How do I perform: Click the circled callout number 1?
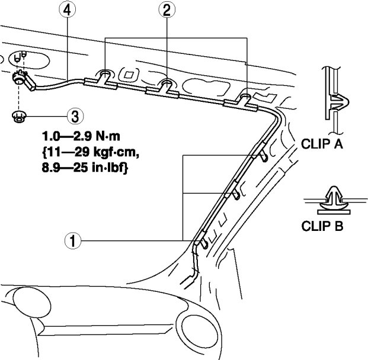pos(73,240)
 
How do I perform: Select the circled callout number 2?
pos(167,10)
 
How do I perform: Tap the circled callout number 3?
pos(75,116)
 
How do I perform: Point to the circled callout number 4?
pos(68,10)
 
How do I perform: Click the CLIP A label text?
pos(322,144)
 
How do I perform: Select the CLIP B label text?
pos(322,226)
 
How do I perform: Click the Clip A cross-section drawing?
pos(335,100)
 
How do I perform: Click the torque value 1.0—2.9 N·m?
pos(81,137)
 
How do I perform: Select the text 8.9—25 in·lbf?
pos(85,168)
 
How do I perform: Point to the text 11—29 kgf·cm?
pos(91,152)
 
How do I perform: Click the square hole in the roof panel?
pos(129,75)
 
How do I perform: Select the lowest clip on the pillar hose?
pos(201,240)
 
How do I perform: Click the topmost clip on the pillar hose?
pos(260,151)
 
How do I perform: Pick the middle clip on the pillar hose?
pos(232,189)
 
